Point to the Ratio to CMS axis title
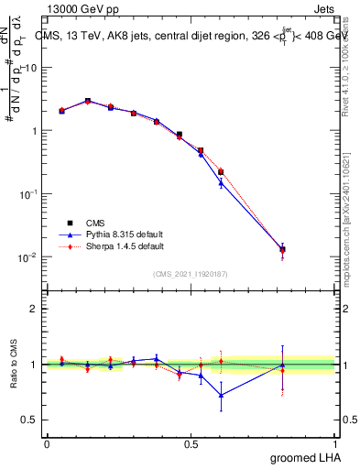(14, 365)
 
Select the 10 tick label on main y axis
(28, 68)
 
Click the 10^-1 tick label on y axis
(27, 194)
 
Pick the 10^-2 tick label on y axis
(27, 257)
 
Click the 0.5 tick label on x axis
(191, 443)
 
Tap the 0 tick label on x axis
(47, 443)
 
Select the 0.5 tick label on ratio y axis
(28, 420)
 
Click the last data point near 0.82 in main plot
(282, 249)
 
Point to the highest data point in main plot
(88, 101)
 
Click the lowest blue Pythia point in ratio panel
(221, 395)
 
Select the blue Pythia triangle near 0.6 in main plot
(221, 183)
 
